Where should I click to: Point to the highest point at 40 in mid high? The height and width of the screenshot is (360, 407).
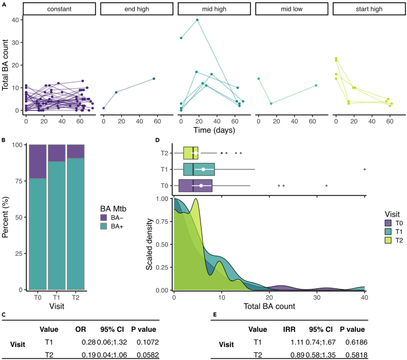pyautogui.click(x=197, y=20)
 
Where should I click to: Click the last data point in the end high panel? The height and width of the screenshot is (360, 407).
pyautogui.click(x=154, y=79)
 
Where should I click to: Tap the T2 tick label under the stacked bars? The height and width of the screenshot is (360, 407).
pyautogui.click(x=76, y=298)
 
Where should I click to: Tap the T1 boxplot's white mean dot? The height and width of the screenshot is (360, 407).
pyautogui.click(x=203, y=169)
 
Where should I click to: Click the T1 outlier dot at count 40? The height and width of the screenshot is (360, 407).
pyautogui.click(x=364, y=169)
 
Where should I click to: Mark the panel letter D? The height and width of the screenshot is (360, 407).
pyautogui.click(x=158, y=140)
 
